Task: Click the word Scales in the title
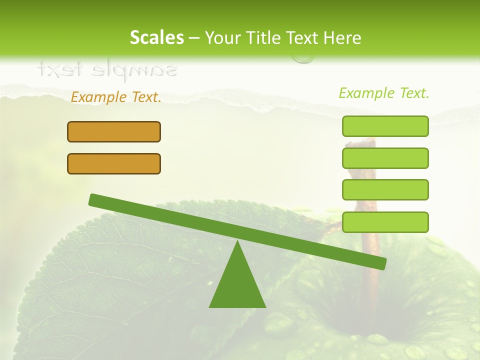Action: click(x=156, y=37)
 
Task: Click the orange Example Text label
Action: click(x=116, y=97)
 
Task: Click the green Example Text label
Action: click(x=384, y=93)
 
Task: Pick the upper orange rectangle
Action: click(x=114, y=131)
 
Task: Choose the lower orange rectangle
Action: click(x=114, y=163)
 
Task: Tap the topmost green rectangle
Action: click(x=385, y=126)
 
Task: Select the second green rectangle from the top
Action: click(x=385, y=158)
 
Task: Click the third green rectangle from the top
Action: click(x=385, y=189)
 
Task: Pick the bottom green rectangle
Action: click(x=385, y=222)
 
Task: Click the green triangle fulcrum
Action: click(x=237, y=283)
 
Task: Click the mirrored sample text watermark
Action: click(x=107, y=69)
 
